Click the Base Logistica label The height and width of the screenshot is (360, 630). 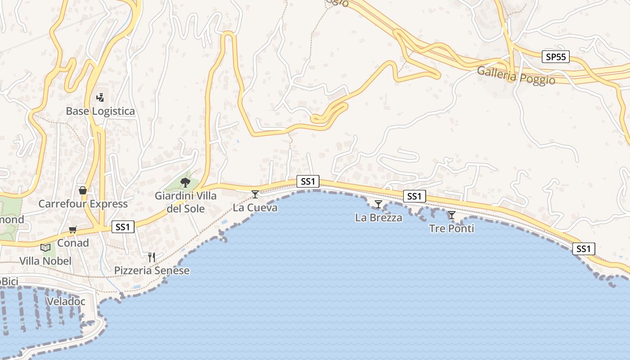100,111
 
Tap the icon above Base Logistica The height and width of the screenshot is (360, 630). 100,97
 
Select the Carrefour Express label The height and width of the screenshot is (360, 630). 83,204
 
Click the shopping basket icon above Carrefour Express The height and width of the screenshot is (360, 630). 83,190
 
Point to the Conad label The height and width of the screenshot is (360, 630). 73,243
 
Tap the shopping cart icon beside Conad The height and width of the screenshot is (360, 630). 73,230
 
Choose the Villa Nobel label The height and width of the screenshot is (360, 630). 45,261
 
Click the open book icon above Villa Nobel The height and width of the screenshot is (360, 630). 45,247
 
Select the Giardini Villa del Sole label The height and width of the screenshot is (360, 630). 186,202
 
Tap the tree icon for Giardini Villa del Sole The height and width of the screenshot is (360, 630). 185,182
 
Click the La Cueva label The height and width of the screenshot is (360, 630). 255,208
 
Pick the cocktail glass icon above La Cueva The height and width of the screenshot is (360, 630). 255,194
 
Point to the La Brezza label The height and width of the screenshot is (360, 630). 378,218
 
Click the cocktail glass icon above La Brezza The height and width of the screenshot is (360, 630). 378,204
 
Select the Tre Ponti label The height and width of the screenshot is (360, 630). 452,229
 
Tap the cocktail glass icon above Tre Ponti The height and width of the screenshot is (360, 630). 452,215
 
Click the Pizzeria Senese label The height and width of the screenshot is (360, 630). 152,270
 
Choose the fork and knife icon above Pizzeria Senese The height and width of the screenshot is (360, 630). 152,257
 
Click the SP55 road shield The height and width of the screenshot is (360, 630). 556,57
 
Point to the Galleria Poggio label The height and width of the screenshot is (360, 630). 516,76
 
